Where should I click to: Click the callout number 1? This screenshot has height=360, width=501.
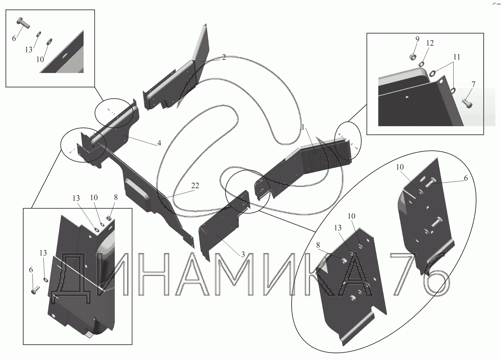303,128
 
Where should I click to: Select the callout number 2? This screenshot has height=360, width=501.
223,57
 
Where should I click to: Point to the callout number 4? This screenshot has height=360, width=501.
159,143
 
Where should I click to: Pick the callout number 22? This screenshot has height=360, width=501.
195,186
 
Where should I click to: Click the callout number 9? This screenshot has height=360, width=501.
417,39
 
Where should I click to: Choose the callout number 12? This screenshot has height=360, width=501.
430,43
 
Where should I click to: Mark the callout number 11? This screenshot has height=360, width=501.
457,57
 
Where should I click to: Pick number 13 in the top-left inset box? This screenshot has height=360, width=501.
29,50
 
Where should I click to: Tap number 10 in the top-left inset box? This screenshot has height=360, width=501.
40,59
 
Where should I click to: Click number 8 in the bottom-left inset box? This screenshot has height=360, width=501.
116,197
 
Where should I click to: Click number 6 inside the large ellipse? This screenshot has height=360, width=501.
465,178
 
